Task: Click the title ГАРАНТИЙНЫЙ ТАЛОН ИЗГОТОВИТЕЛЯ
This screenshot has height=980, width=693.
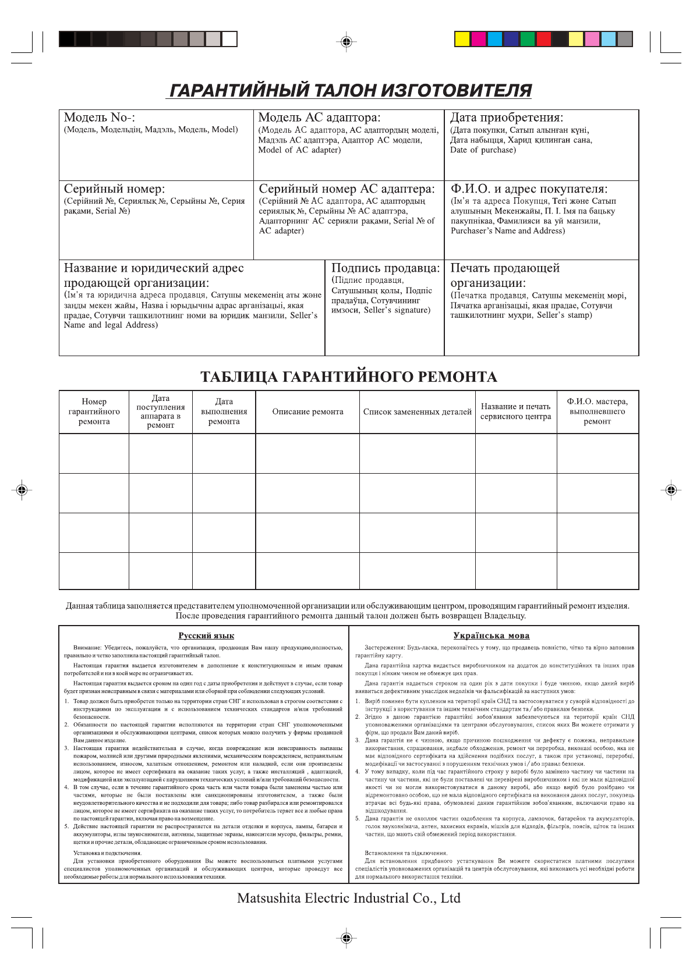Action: tap(350, 91)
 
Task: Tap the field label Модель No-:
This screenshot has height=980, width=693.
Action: tap(100, 118)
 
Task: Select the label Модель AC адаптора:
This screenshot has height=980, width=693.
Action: tap(319, 118)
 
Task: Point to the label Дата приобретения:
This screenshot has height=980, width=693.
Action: tap(507, 118)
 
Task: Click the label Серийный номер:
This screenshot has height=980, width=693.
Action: tap(114, 189)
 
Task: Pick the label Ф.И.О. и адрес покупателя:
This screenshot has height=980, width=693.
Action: tap(529, 189)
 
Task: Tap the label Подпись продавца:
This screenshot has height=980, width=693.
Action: tap(386, 268)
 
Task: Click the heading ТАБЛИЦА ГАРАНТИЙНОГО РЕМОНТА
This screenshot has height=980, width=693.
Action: tap(348, 377)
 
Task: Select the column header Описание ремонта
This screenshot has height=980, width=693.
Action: tap(307, 412)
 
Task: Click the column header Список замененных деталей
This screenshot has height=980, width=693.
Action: tap(417, 412)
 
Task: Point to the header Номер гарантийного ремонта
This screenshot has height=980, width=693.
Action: tap(94, 411)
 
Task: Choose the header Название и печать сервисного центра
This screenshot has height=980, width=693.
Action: tap(515, 411)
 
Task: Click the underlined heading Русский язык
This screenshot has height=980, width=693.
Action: tap(206, 635)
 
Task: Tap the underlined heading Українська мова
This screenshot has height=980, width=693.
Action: tap(491, 635)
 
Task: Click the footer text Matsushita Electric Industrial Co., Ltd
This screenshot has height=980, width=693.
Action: tap(348, 898)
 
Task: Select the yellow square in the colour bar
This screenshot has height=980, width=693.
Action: tap(462, 39)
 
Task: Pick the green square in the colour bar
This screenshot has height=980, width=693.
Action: tap(527, 39)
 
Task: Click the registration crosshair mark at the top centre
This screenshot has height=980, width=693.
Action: tap(346, 42)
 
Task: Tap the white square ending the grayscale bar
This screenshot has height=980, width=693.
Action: tap(229, 39)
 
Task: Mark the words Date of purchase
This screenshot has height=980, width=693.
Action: tap(483, 150)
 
